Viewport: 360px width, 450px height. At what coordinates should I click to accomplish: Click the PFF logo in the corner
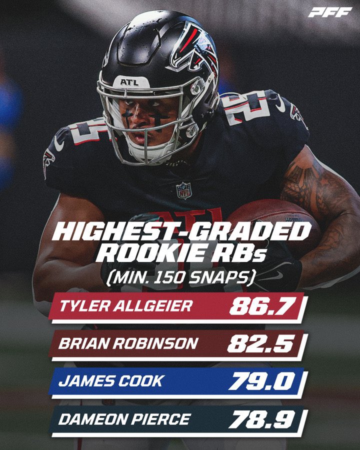(329, 12)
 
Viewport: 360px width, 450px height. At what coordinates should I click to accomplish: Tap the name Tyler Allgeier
(125, 306)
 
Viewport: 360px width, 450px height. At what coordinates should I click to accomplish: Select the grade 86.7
(260, 306)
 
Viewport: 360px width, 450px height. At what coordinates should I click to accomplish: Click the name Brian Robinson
(128, 343)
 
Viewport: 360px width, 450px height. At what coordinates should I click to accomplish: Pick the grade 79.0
(260, 381)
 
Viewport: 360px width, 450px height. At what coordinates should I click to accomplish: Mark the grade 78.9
(260, 418)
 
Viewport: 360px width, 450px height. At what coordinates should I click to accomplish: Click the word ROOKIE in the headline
(148, 253)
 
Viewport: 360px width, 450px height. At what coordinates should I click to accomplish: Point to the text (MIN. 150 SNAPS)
(180, 276)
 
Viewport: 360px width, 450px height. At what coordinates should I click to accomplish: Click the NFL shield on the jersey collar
(183, 190)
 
